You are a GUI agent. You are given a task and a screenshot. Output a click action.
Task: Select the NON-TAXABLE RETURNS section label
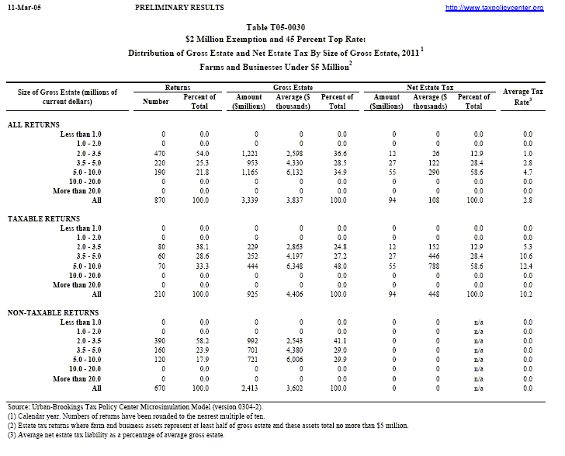pyautogui.click(x=53, y=312)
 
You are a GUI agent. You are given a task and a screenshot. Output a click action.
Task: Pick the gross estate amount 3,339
pyautogui.click(x=256, y=200)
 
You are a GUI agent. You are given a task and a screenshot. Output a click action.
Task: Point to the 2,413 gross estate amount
pyautogui.click(x=256, y=387)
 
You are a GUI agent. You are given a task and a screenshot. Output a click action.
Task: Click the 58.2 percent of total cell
pyautogui.click(x=203, y=340)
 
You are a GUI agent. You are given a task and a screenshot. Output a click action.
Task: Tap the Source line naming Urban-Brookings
pyautogui.click(x=136, y=406)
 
